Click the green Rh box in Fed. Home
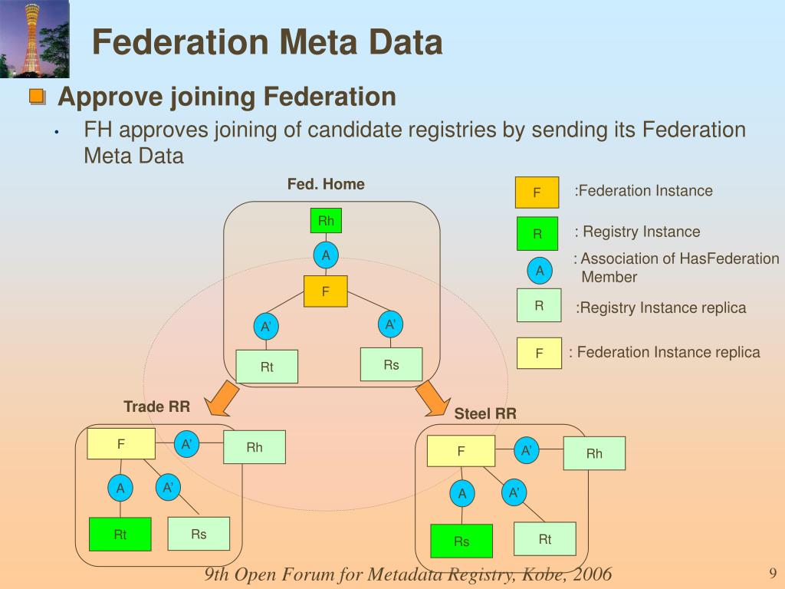[326, 220]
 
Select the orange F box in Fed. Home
[325, 291]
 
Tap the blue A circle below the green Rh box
[326, 255]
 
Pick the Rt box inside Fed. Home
[267, 367]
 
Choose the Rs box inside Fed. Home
[391, 364]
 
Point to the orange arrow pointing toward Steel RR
[432, 399]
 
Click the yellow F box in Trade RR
[121, 443]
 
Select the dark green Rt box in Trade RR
[120, 534]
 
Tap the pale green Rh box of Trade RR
[255, 447]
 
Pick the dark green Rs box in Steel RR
[461, 541]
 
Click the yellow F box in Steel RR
[461, 451]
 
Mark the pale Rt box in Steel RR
[545, 539]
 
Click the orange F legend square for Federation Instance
[537, 192]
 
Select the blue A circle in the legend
[540, 271]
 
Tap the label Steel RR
[485, 413]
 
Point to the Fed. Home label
[326, 184]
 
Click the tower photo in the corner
[34, 39]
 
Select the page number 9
[773, 573]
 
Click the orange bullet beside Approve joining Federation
[38, 96]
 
